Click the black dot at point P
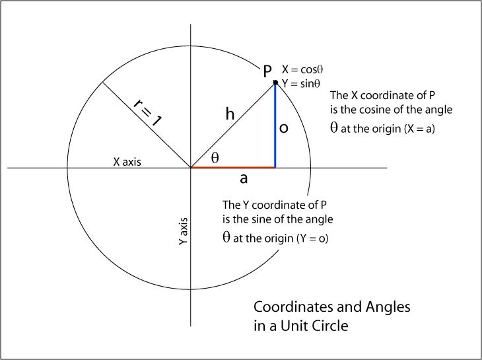(275, 82)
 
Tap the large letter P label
(267, 70)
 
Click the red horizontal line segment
(232, 168)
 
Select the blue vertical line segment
(275, 126)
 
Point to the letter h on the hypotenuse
(230, 114)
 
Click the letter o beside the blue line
(283, 129)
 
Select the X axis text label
(126, 161)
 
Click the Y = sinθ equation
(300, 83)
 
